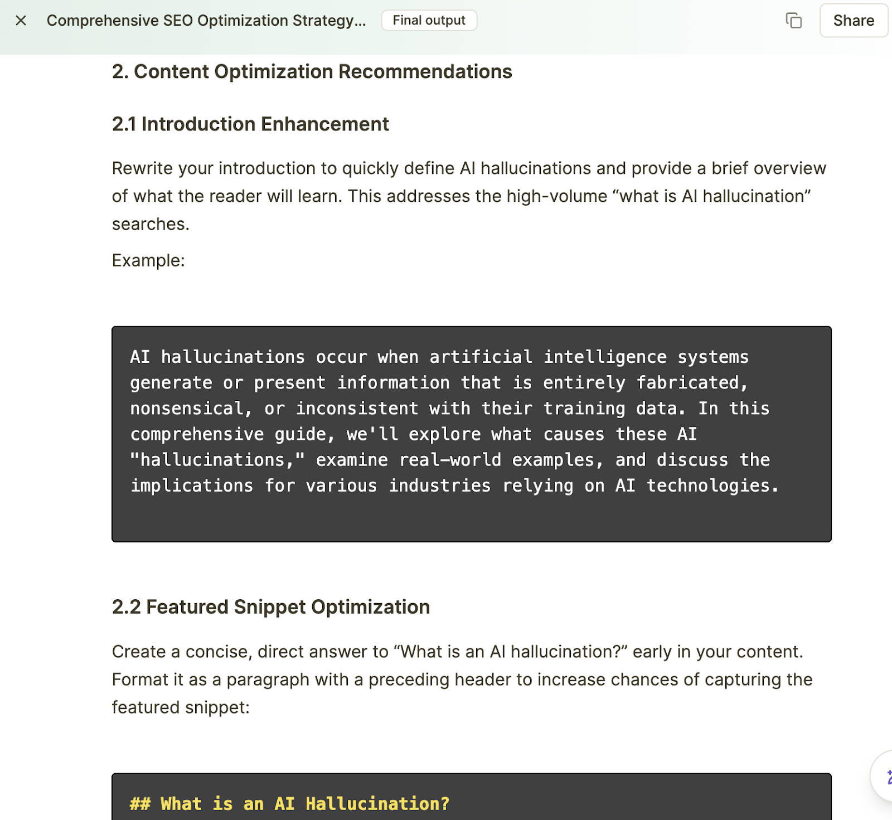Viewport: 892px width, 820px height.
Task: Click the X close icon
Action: point(21,21)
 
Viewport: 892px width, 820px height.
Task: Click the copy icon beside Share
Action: point(793,21)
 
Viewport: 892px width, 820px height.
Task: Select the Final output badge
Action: point(429,21)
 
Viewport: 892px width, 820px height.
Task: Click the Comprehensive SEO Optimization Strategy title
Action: point(206,21)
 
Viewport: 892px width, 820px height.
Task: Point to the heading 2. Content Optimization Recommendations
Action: point(312,72)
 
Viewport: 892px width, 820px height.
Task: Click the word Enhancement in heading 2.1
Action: point(324,124)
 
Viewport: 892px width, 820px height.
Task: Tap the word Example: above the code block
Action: point(148,260)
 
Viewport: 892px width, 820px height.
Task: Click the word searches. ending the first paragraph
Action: point(151,224)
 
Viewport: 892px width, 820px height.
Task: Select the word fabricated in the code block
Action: point(691,383)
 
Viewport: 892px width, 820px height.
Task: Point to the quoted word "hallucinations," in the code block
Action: point(217,460)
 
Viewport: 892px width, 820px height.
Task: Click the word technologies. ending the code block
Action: point(712,486)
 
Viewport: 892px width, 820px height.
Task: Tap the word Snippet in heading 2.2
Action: point(270,607)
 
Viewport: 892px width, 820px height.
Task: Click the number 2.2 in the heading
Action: point(126,607)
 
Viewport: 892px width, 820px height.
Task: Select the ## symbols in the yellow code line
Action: point(140,804)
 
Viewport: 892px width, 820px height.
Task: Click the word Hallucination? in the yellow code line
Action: point(377,804)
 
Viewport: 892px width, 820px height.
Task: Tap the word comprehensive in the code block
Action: point(197,434)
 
